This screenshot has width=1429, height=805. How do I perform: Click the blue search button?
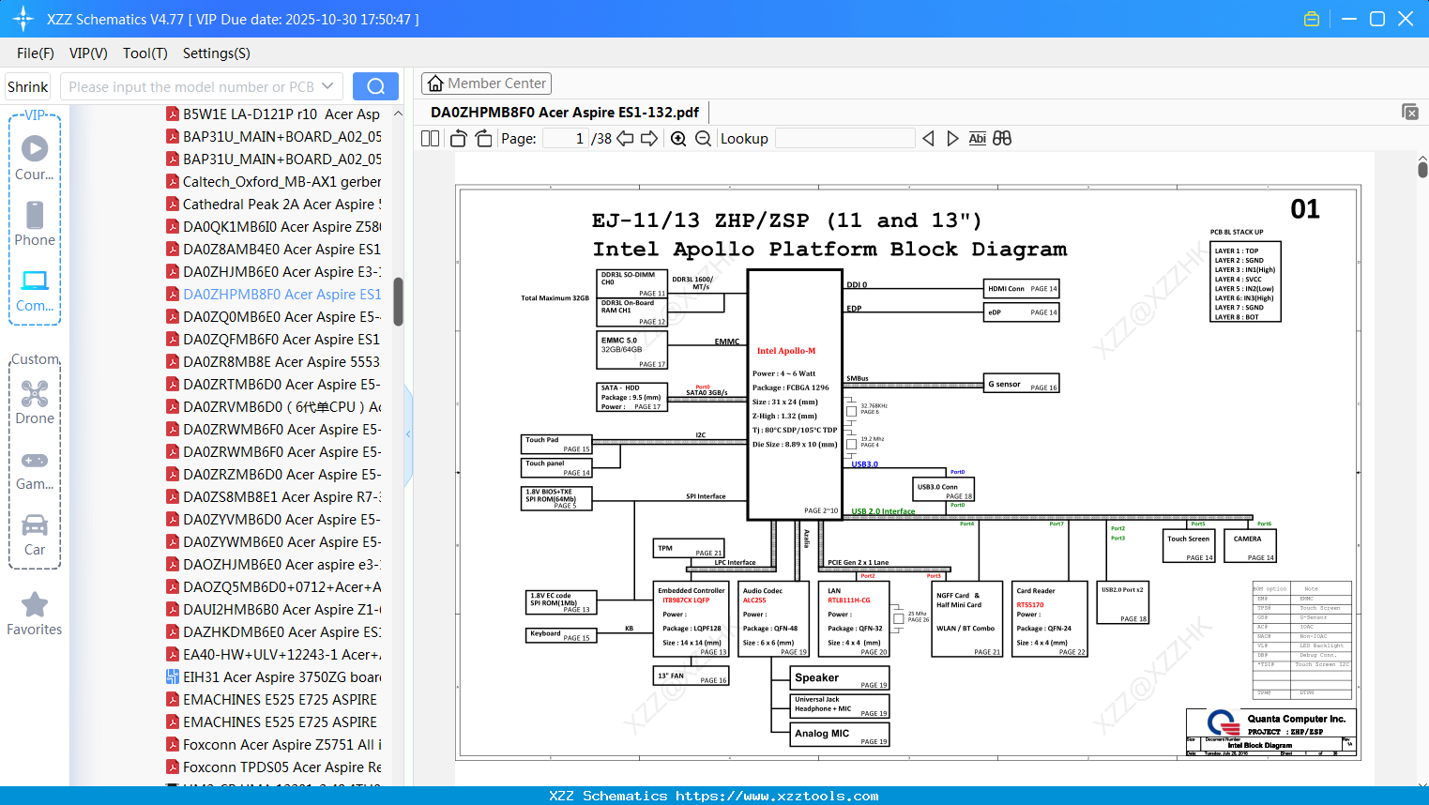click(375, 86)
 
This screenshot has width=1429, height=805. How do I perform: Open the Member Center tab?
click(486, 84)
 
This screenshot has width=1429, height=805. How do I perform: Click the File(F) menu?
click(36, 53)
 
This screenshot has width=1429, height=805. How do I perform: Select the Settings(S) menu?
click(216, 53)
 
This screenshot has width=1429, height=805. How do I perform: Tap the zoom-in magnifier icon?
click(678, 139)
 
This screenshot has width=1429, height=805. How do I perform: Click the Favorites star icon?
click(35, 605)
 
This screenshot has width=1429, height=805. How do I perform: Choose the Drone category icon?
click(35, 395)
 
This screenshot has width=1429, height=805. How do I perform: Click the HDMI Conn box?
click(1021, 288)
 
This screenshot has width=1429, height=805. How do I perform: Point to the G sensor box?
click(1021, 384)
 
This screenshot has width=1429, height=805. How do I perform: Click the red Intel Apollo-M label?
click(786, 351)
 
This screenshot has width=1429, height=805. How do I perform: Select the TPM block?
click(689, 549)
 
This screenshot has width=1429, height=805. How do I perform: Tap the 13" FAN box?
click(691, 676)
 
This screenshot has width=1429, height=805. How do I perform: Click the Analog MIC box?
click(841, 735)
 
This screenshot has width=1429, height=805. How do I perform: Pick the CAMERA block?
click(1250, 545)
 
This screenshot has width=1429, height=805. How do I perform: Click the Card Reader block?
click(1049, 619)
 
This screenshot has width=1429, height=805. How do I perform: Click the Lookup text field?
click(844, 139)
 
